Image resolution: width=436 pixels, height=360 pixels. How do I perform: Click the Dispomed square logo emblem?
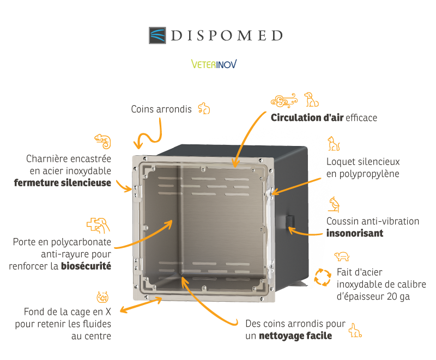(158, 35)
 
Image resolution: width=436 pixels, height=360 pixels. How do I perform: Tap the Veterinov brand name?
(214, 64)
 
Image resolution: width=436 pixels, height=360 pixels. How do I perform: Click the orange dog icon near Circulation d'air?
(311, 100)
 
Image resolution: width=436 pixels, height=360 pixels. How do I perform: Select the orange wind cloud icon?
(284, 101)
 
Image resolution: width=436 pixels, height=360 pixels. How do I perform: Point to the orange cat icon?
(334, 144)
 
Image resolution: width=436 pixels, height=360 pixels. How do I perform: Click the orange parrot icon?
(335, 204)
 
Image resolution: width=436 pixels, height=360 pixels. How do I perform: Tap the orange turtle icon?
(342, 257)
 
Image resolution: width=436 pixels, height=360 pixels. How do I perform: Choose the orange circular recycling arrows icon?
(323, 277)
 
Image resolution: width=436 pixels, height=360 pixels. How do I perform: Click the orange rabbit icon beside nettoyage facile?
(355, 330)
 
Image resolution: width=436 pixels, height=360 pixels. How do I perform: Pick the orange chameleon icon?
(103, 141)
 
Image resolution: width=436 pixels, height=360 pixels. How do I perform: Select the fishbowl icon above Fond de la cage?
(102, 297)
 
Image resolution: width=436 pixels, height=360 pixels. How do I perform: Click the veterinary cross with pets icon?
(98, 225)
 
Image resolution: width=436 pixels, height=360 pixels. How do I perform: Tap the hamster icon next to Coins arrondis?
(204, 108)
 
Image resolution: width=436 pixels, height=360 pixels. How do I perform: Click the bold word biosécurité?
(86, 266)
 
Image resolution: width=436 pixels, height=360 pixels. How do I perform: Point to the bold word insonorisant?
(355, 233)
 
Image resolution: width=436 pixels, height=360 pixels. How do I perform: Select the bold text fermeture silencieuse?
(63, 182)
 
